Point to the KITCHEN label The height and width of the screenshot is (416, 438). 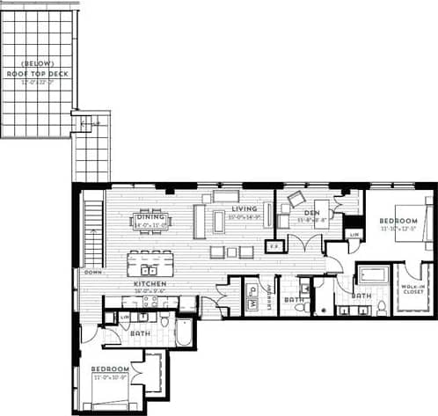tap(145, 284)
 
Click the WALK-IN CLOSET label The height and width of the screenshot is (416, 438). tap(413, 291)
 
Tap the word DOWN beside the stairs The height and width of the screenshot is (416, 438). tap(92, 273)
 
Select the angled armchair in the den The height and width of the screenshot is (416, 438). tap(295, 198)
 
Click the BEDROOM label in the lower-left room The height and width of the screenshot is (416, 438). tap(111, 369)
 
